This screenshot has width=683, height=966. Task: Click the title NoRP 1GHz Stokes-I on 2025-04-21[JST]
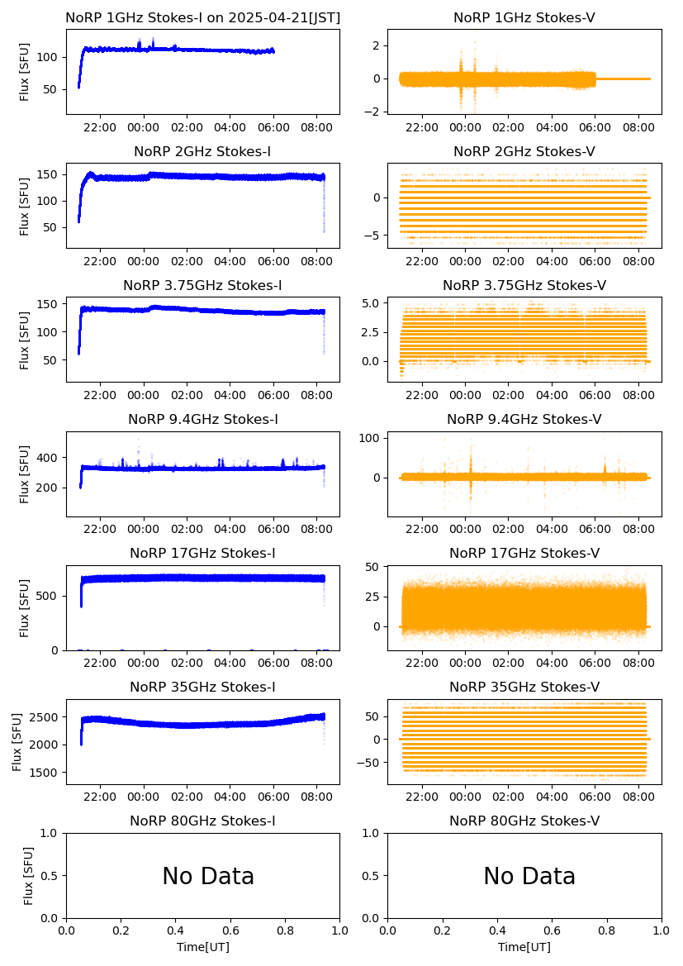point(202,17)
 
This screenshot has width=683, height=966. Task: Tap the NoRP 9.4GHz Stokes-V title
point(524,420)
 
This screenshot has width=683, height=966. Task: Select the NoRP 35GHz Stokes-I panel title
point(202,688)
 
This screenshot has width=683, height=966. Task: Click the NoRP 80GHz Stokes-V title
point(524,821)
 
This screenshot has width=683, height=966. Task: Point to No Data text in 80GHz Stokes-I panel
point(208,877)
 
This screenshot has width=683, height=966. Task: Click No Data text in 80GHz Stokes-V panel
point(529,877)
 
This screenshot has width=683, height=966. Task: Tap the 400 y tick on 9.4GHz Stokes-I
point(51,458)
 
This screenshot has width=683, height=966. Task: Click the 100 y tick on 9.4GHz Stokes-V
point(370,438)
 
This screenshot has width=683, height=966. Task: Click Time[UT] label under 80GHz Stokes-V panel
point(524,947)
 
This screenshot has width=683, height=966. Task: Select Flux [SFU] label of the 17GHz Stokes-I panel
point(25,608)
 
